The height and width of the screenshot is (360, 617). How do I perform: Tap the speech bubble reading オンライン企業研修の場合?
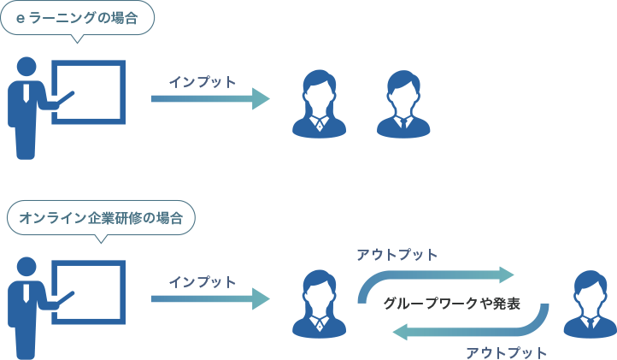[x=100, y=218]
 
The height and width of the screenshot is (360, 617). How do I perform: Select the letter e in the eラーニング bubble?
[x=21, y=18]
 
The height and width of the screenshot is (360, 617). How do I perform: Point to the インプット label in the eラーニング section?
[x=202, y=82]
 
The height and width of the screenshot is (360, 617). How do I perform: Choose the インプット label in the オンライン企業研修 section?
[x=202, y=281]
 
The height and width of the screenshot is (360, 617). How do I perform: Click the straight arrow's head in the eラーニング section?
[x=261, y=99]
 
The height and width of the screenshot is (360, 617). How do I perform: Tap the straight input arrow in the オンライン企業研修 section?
[x=209, y=298]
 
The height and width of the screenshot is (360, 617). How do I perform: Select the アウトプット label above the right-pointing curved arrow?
[x=397, y=254]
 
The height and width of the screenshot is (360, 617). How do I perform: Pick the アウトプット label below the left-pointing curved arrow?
[x=506, y=351]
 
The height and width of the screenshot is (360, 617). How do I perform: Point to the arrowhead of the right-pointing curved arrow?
[x=506, y=274]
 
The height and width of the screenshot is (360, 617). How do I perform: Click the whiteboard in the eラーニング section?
[x=89, y=91]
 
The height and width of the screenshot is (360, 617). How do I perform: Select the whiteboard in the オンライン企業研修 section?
[x=89, y=291]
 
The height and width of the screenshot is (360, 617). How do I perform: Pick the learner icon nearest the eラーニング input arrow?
[x=319, y=103]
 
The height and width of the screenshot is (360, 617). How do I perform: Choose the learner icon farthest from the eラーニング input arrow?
[x=403, y=103]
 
